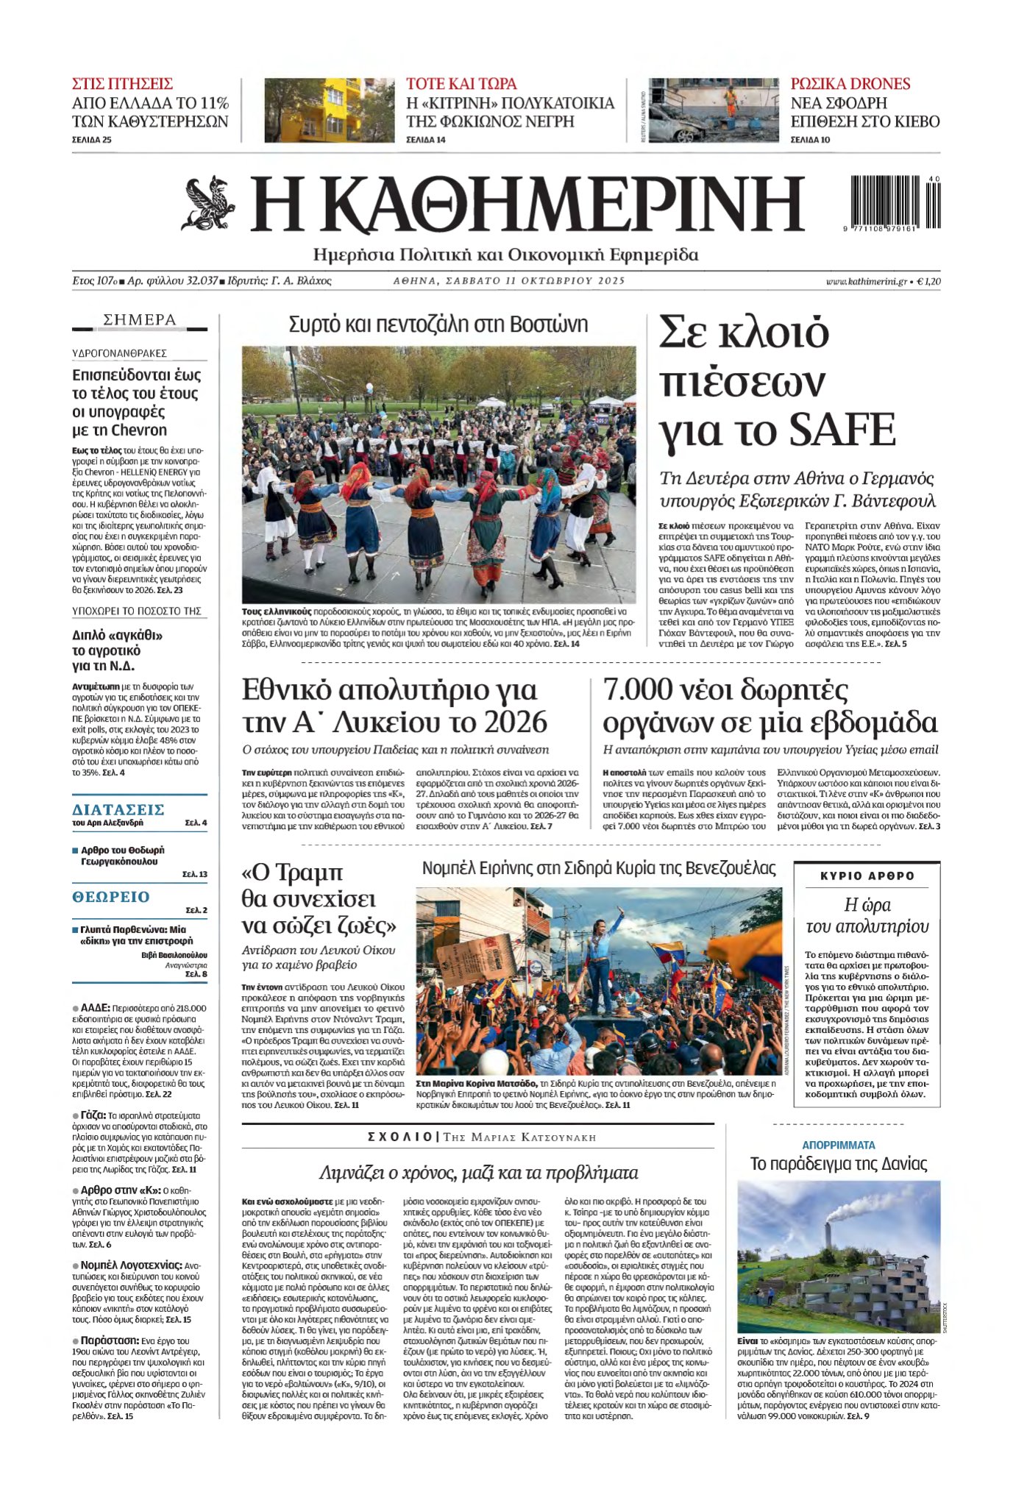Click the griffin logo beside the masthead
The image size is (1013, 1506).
tap(208, 203)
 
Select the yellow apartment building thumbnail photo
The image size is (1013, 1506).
tap(329, 110)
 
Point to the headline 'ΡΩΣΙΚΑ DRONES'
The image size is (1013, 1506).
tap(850, 84)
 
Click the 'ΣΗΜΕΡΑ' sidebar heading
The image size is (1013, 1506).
tap(140, 320)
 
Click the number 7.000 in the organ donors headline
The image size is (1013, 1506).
tap(638, 690)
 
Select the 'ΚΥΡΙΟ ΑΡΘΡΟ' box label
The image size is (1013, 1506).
tap(867, 875)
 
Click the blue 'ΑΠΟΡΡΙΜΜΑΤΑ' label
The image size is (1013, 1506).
tap(838, 1145)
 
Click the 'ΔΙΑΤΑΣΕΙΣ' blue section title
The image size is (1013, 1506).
tap(118, 809)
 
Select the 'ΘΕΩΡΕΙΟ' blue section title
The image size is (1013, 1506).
tap(111, 896)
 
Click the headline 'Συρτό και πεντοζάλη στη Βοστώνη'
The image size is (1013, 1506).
tap(438, 324)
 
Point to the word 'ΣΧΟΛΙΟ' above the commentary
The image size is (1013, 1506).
tap(400, 1137)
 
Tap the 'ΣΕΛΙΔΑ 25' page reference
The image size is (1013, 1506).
tap(92, 140)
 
